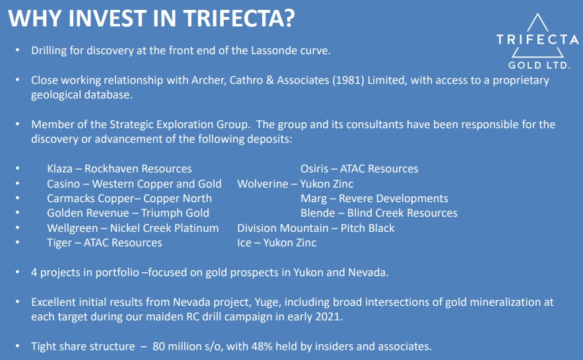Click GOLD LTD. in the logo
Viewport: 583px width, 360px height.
click(x=539, y=65)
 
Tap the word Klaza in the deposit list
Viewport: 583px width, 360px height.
click(x=59, y=169)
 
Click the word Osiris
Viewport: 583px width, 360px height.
click(x=314, y=169)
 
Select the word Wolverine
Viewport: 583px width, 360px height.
click(x=263, y=184)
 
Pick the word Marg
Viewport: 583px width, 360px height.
click(x=314, y=199)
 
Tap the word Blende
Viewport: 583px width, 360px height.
click(x=318, y=213)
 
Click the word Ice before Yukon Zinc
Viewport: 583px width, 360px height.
click(x=244, y=243)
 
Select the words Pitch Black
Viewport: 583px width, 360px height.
click(x=367, y=228)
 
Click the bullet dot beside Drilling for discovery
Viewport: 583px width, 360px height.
click(x=17, y=50)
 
